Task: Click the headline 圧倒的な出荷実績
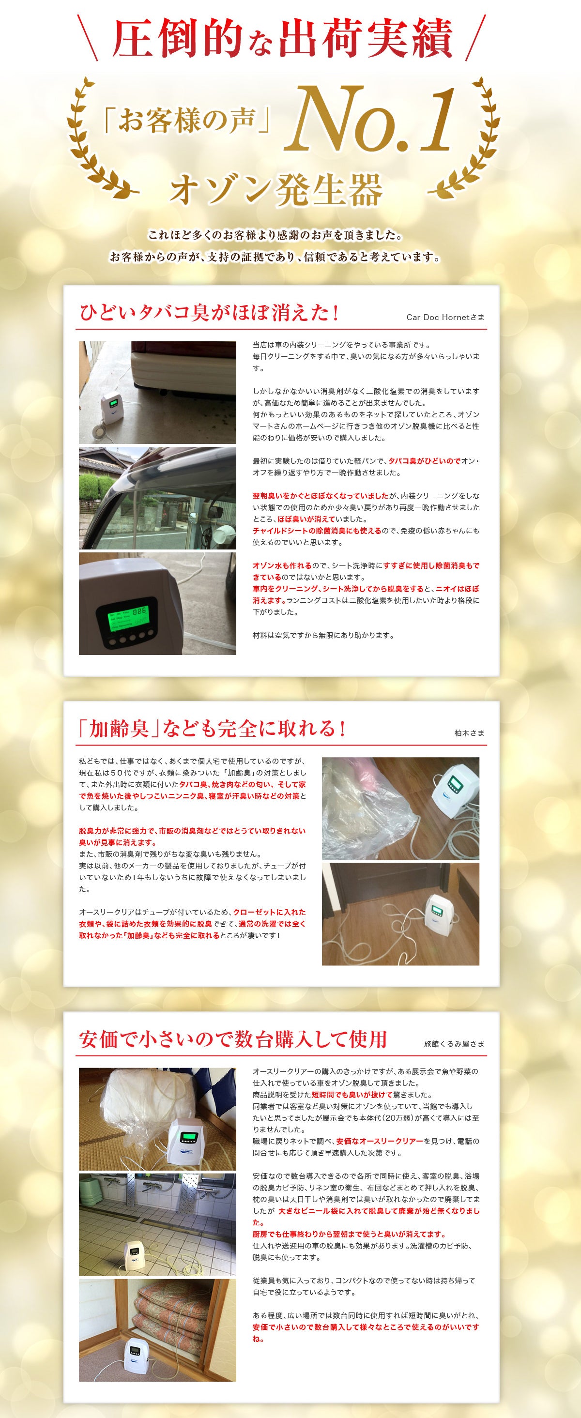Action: [x=282, y=40]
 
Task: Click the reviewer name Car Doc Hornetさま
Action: [x=445, y=317]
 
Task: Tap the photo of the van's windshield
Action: [x=157, y=498]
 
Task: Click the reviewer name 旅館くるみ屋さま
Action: [x=454, y=1044]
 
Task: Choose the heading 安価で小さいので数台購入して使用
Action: [x=233, y=1039]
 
